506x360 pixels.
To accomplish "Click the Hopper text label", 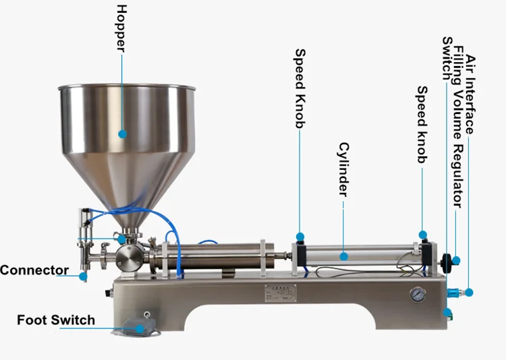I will tap(121, 28).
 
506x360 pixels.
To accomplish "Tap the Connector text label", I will tap(34, 271).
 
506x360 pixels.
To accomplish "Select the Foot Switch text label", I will tap(56, 320).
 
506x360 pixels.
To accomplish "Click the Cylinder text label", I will tap(343, 169).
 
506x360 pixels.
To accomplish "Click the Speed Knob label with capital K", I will tap(300, 88).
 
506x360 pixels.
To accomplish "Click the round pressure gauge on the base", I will tap(418, 294).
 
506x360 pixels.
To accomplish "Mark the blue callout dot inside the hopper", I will tap(123, 134).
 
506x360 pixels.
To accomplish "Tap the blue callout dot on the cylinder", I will tap(343, 256).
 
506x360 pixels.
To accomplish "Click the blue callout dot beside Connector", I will tap(83, 276).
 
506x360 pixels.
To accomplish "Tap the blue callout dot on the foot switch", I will tap(140, 328).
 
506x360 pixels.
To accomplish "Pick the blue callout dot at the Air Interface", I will tap(470, 292).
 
